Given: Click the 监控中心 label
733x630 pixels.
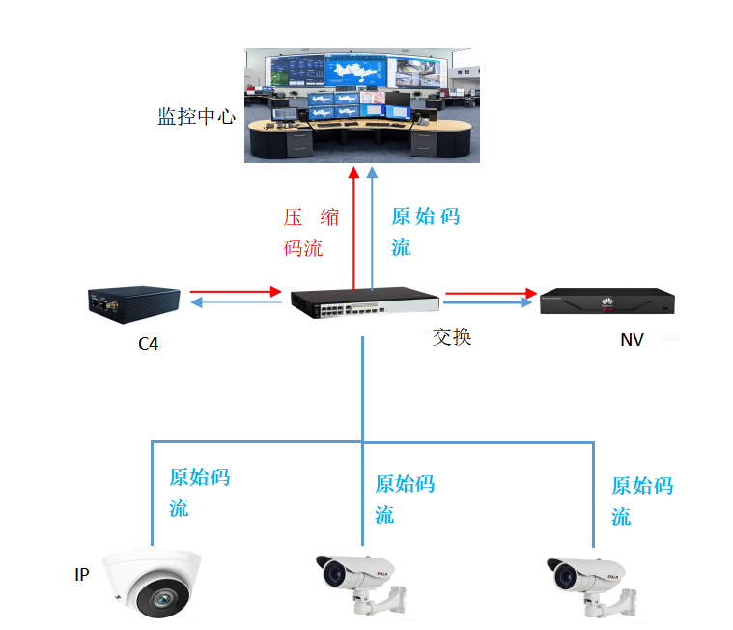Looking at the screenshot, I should pyautogui.click(x=196, y=117).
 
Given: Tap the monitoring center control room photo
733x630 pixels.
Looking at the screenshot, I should pyautogui.click(x=361, y=105).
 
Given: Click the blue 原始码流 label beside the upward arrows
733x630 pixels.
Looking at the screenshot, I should pyautogui.click(x=425, y=231).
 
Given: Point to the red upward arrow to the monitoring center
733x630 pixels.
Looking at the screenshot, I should pyautogui.click(x=354, y=228).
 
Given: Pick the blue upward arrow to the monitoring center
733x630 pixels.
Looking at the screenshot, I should pyautogui.click(x=373, y=228).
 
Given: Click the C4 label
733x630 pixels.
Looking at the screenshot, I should pyautogui.click(x=148, y=342).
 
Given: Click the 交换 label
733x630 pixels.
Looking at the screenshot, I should pyautogui.click(x=452, y=337).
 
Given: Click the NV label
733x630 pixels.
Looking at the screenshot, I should pyautogui.click(x=632, y=341).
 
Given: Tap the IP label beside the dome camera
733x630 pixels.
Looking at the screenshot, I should pyautogui.click(x=82, y=575).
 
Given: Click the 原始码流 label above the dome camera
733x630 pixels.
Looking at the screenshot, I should pyautogui.click(x=199, y=492).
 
